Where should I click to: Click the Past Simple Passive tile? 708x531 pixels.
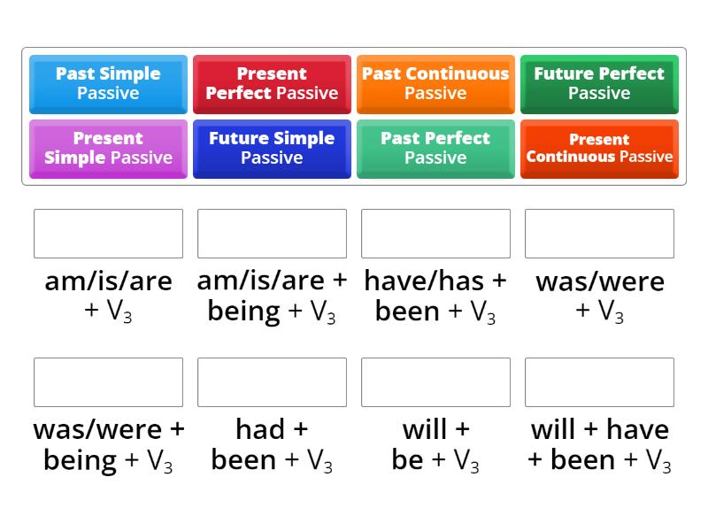pos(108,83)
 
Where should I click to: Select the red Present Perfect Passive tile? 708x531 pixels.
pos(272,83)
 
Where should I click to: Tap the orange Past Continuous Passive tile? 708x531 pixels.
pos(435,83)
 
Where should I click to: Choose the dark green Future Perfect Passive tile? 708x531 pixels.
pos(599,83)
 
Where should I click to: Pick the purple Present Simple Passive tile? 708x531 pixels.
pos(108,148)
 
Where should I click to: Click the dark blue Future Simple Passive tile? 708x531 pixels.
pos(272,148)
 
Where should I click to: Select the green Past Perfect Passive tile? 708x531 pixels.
pos(435,148)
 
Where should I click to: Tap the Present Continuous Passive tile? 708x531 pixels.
pos(599,148)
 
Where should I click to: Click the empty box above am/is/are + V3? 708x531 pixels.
pos(108,234)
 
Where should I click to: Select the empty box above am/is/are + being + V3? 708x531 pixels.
pos(272,234)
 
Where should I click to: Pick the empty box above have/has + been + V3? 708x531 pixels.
pos(435,234)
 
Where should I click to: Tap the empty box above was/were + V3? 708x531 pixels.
pos(599,234)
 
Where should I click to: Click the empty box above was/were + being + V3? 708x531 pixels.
pos(108,382)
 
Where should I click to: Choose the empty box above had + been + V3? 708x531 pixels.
pos(272,382)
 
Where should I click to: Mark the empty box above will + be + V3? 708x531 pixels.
pos(435,382)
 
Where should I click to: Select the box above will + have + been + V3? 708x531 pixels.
pos(599,382)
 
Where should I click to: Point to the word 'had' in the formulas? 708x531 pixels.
pos(258,430)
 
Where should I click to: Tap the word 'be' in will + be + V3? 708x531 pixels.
pos(407,460)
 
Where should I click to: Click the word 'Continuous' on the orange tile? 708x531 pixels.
pos(469,73)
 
